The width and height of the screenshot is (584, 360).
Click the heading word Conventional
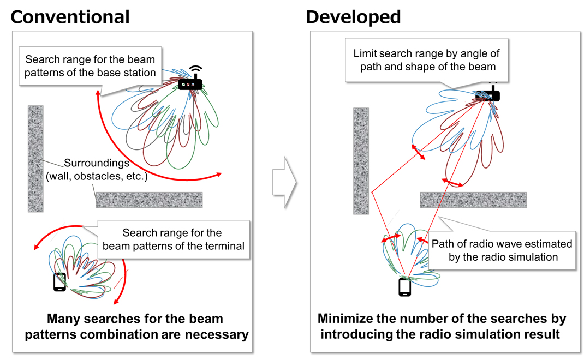tap(70, 16)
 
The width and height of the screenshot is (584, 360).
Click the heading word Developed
tap(353, 16)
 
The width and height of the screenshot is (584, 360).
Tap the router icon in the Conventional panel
tap(190, 81)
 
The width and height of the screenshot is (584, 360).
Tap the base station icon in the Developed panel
tap(487, 94)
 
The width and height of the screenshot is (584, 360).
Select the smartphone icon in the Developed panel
tap(404, 287)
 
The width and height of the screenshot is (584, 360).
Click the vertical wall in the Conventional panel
tap(35, 158)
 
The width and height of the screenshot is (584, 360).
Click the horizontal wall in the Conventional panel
tap(149, 200)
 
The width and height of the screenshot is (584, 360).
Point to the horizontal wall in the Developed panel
tap(473, 200)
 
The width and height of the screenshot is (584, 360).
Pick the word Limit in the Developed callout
tap(366, 54)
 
